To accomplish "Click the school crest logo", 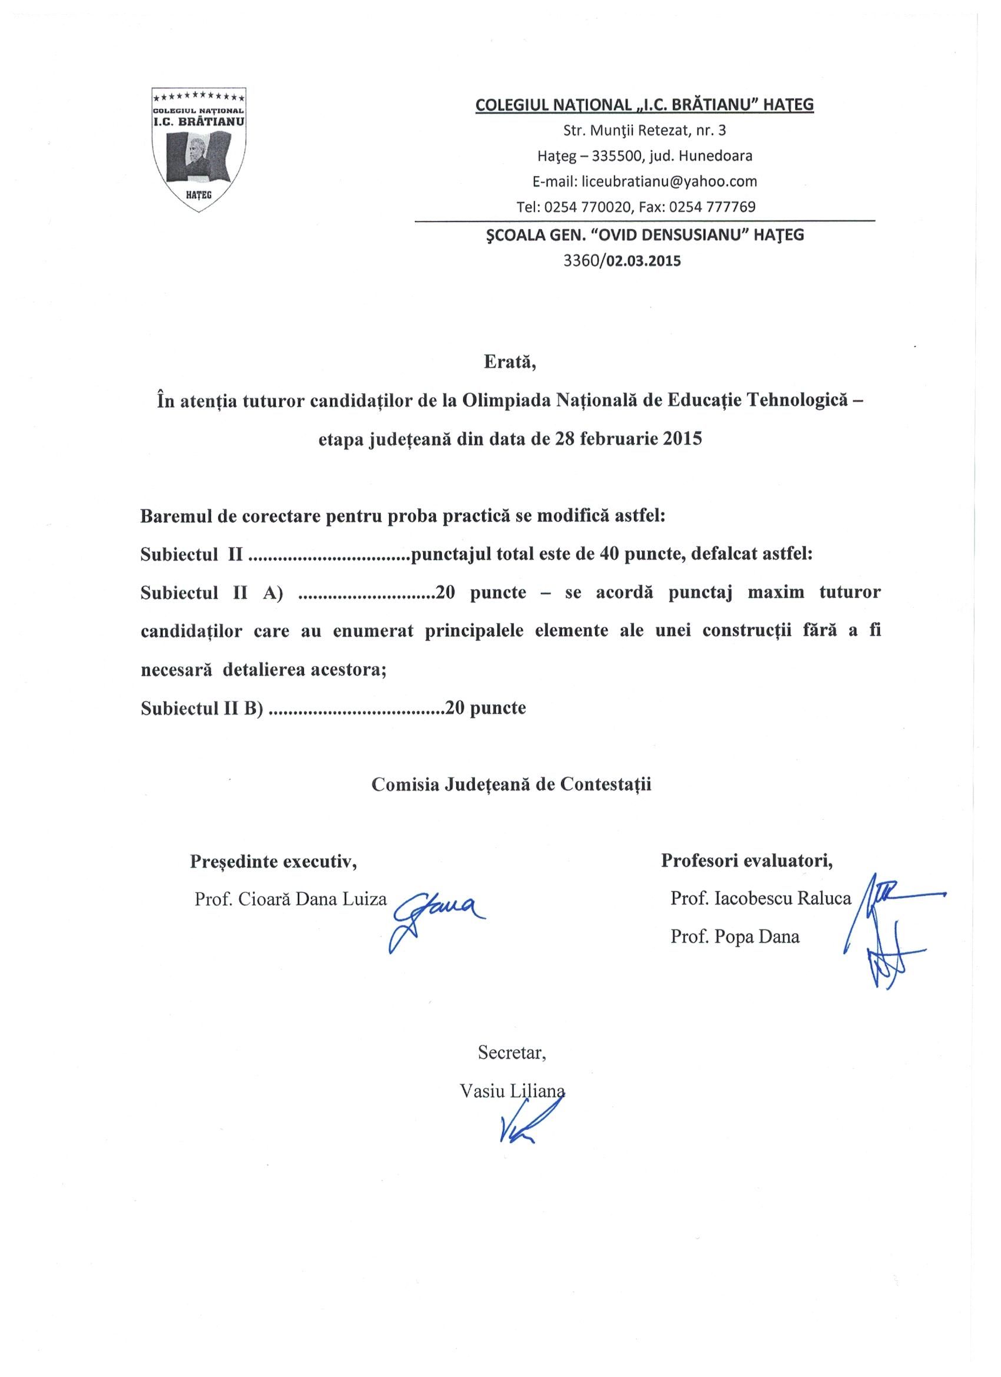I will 198,150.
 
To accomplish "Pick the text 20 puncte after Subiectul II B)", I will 486,707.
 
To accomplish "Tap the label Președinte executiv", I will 273,861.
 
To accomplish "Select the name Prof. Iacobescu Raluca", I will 761,899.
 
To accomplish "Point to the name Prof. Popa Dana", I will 734,936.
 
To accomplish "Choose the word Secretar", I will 512,1052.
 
